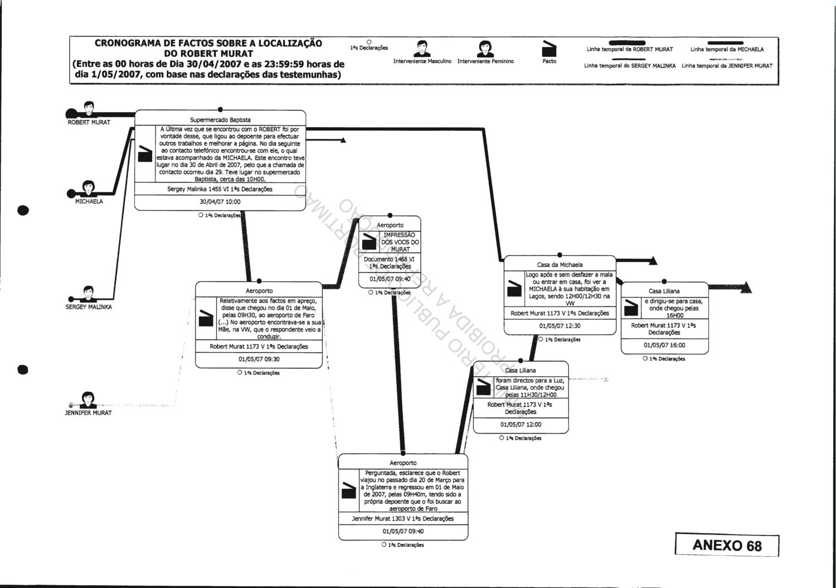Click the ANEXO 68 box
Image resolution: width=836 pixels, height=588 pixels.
click(726, 545)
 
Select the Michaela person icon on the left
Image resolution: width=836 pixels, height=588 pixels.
click(88, 188)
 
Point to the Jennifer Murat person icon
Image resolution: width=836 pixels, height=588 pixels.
click(88, 400)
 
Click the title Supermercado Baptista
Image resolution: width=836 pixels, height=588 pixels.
click(220, 120)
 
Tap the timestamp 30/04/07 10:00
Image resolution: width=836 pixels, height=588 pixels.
click(220, 202)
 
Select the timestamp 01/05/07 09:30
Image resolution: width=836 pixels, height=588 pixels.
click(259, 359)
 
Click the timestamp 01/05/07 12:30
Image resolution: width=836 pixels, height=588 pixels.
click(560, 326)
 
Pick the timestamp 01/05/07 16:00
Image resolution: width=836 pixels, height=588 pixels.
click(664, 345)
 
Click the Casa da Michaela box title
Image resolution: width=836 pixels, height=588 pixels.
click(560, 265)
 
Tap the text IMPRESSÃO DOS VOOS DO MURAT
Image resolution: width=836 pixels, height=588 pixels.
click(400, 242)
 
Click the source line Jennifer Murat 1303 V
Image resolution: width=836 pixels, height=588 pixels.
click(403, 518)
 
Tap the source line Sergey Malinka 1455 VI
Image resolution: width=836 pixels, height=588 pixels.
click(220, 189)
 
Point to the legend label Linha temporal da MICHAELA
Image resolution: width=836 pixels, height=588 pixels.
click(727, 50)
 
